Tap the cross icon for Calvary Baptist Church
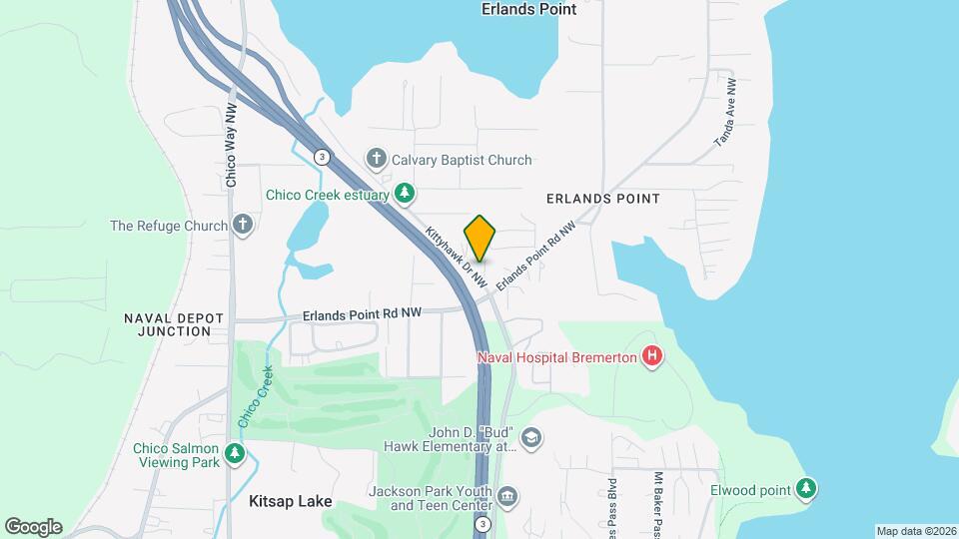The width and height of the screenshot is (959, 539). [x=377, y=159]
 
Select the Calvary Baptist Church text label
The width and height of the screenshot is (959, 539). [x=462, y=160]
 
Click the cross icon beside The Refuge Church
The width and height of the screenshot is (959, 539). [x=243, y=225]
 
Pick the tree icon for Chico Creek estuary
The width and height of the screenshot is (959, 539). [x=405, y=192]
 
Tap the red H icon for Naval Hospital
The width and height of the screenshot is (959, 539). [x=652, y=355]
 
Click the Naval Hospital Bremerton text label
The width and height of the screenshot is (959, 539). [x=557, y=357]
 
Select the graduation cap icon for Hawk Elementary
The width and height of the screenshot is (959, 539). [x=531, y=437]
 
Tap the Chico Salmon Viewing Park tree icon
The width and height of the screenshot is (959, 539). [x=235, y=455]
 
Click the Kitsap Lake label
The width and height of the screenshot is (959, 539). [x=290, y=503]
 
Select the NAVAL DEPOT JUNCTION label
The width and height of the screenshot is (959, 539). [x=168, y=324]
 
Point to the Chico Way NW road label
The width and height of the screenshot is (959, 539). [x=231, y=146]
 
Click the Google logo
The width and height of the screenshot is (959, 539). [x=33, y=527]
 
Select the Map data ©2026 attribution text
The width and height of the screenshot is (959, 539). [x=915, y=531]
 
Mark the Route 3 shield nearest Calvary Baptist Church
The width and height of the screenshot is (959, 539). [x=321, y=157]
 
